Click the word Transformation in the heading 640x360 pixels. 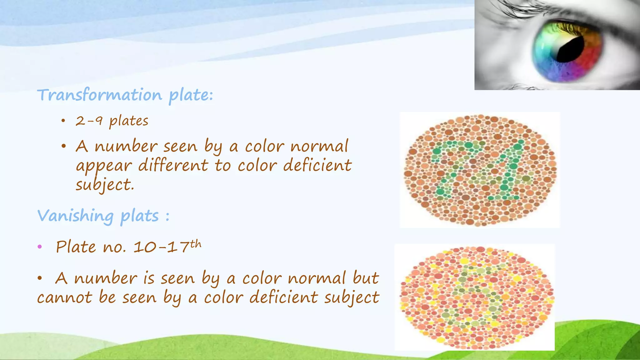100,95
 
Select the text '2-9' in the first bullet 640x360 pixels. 89,121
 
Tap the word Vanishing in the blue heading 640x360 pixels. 75,216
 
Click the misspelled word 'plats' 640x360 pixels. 140,216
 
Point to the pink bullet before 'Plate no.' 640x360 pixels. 40,247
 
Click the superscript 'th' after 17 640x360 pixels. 196,244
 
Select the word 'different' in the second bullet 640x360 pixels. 173,165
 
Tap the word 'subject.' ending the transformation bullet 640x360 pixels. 105,185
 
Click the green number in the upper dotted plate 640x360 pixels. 478,170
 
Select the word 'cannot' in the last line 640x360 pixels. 64,297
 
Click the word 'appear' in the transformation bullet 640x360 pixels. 104,166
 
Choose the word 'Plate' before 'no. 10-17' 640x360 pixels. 76,247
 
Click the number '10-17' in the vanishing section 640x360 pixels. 161,247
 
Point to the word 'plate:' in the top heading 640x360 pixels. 191,95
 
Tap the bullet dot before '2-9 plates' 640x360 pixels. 63,121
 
